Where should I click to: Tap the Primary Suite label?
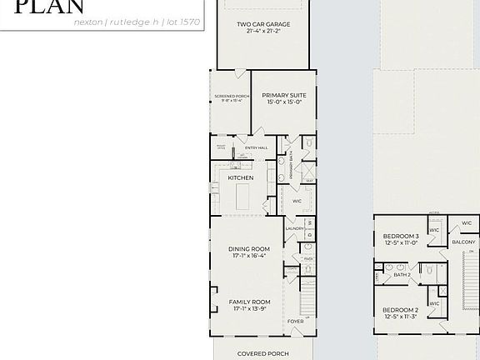[285, 96]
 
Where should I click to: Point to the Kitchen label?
[241, 177]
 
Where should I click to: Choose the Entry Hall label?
[256, 148]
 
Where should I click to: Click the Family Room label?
[250, 301]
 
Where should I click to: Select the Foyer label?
[295, 321]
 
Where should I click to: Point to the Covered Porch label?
[262, 353]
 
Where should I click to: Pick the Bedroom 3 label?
[401, 237]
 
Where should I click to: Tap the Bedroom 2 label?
[401, 309]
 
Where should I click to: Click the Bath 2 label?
[402, 274]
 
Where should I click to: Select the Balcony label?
[462, 242]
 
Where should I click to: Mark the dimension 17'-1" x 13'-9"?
[250, 308]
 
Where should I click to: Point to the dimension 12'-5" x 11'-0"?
[401, 243]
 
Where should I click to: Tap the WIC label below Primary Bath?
[297, 201]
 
